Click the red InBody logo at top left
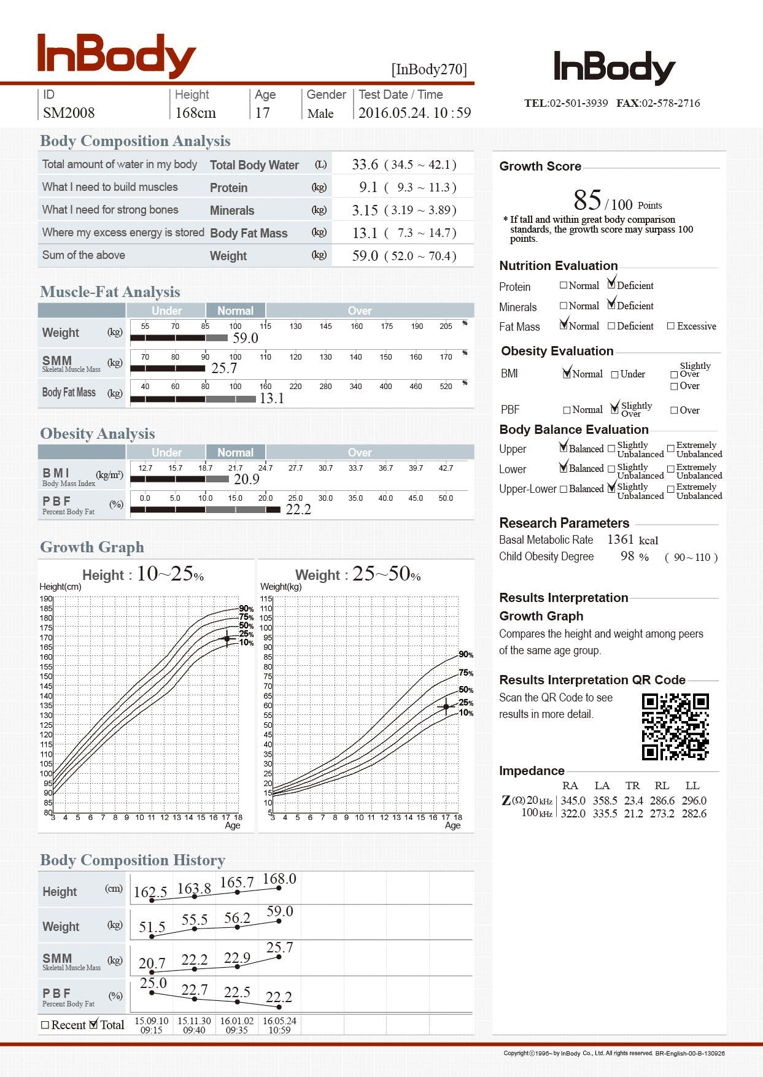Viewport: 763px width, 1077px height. coord(116,55)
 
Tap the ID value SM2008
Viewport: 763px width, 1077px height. coord(69,113)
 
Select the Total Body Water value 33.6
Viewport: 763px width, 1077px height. coord(365,164)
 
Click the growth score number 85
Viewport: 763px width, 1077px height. coord(587,200)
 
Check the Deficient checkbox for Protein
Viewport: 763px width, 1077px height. coord(611,285)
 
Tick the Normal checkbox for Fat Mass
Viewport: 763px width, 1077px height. coord(564,325)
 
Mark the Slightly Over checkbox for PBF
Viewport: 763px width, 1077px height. coord(614,409)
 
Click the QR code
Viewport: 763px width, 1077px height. coord(675,727)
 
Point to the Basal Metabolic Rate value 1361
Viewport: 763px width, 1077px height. coord(620,539)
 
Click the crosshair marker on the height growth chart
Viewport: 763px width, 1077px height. coord(227,639)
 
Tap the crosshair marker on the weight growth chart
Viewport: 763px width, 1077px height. coord(446,707)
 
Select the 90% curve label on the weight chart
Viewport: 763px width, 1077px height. coord(466,655)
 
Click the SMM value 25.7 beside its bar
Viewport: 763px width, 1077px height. coord(224,368)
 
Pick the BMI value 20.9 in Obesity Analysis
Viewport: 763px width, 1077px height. coord(246,479)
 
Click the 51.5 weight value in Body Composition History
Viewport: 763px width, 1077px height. coord(152,927)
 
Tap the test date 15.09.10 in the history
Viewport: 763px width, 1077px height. coord(151,1021)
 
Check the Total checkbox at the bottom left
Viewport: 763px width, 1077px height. coord(94,1024)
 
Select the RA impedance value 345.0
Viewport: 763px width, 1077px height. coord(573,801)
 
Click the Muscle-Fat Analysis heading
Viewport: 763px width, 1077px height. coord(110,292)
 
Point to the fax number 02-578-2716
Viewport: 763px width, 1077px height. coord(670,103)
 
